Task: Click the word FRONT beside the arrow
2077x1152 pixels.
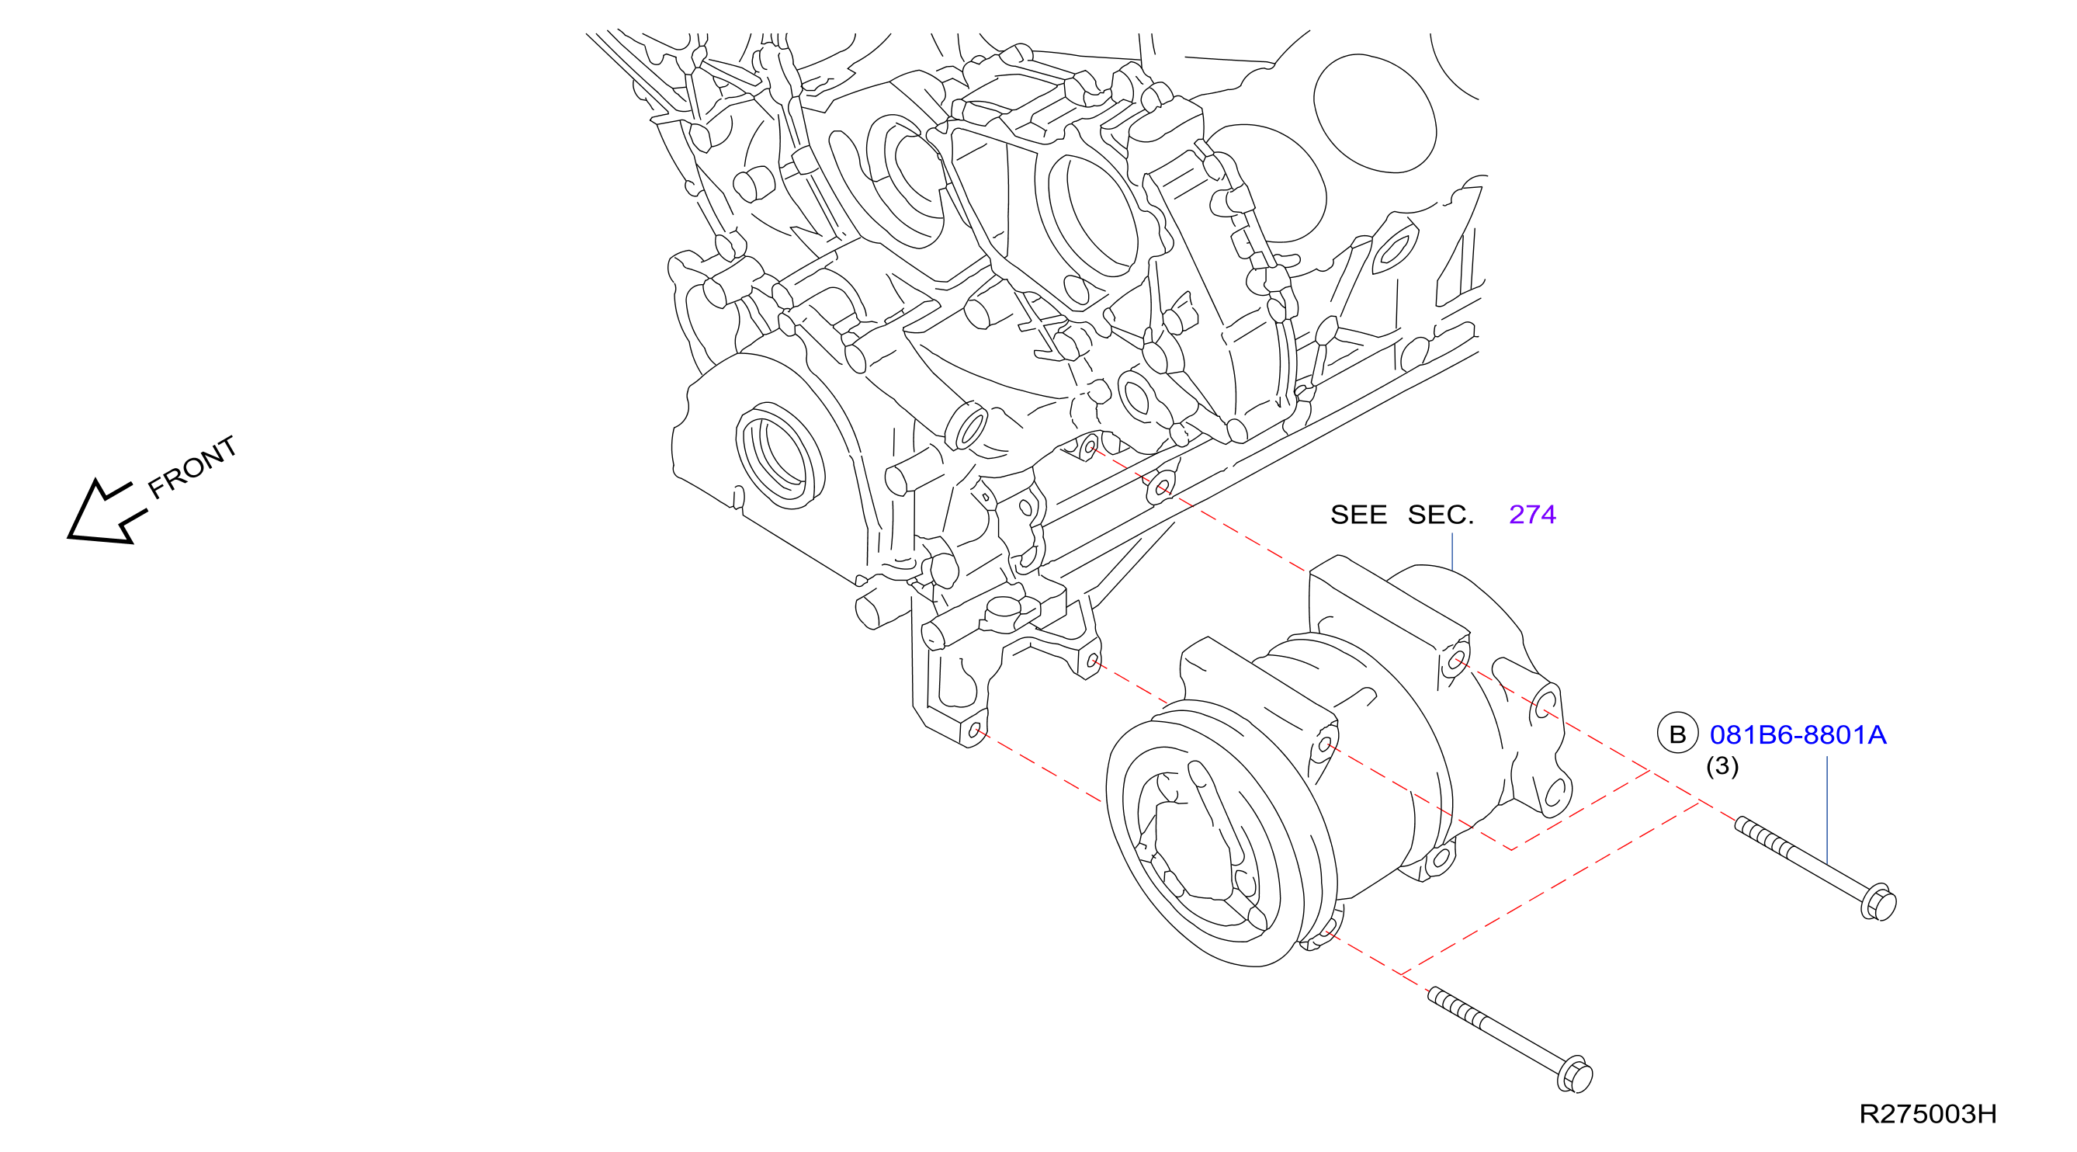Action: [x=192, y=467]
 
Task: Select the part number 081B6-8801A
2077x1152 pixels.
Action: [x=1798, y=734]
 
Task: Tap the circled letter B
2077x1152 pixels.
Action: [x=1677, y=734]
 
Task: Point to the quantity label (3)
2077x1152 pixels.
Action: [x=1722, y=765]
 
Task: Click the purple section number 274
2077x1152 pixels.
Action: [x=1532, y=515]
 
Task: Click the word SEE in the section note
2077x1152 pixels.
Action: [x=1358, y=515]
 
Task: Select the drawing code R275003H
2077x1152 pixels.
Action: [x=1928, y=1113]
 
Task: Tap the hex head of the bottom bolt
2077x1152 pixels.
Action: [x=1575, y=1074]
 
